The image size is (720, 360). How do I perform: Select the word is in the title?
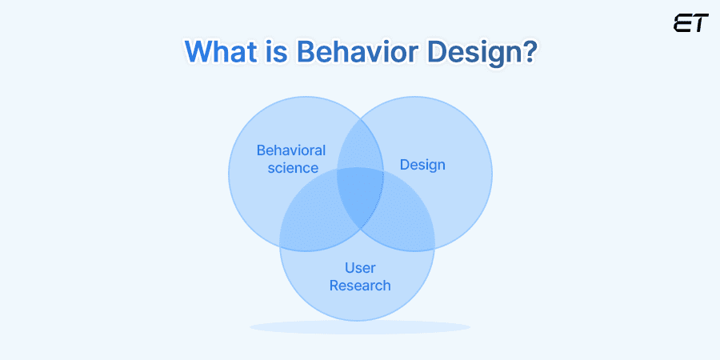276,52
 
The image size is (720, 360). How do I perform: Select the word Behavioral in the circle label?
290,150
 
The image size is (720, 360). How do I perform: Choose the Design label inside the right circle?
422,165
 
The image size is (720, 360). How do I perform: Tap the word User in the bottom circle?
360,267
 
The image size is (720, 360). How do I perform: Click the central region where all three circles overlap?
360,196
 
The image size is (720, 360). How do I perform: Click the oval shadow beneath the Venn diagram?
360,326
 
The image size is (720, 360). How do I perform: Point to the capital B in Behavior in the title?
306,52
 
